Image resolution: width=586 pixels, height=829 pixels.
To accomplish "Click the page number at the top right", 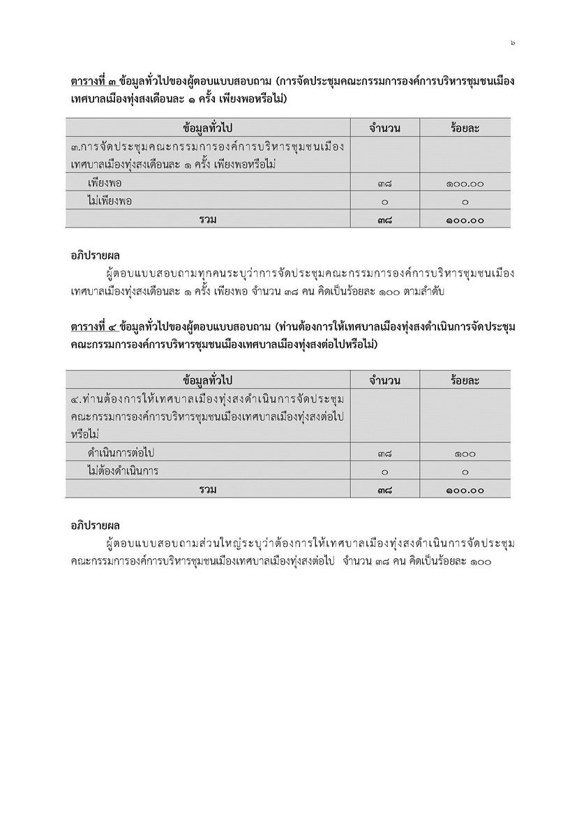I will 512,43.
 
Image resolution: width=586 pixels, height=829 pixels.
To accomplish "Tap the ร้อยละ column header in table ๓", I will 465,128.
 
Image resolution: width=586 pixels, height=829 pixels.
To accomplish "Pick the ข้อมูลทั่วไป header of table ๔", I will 207,380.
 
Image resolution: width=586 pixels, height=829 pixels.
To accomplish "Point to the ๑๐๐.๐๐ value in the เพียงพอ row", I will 465,184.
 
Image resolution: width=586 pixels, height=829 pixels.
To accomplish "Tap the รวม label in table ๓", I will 207,219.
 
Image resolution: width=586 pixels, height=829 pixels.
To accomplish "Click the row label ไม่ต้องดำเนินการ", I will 123,471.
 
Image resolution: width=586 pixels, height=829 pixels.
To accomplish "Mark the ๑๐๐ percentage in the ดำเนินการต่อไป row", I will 465,454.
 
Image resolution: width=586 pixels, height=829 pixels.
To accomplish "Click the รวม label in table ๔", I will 207,489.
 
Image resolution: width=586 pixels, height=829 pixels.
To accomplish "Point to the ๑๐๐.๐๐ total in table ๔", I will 465,490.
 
